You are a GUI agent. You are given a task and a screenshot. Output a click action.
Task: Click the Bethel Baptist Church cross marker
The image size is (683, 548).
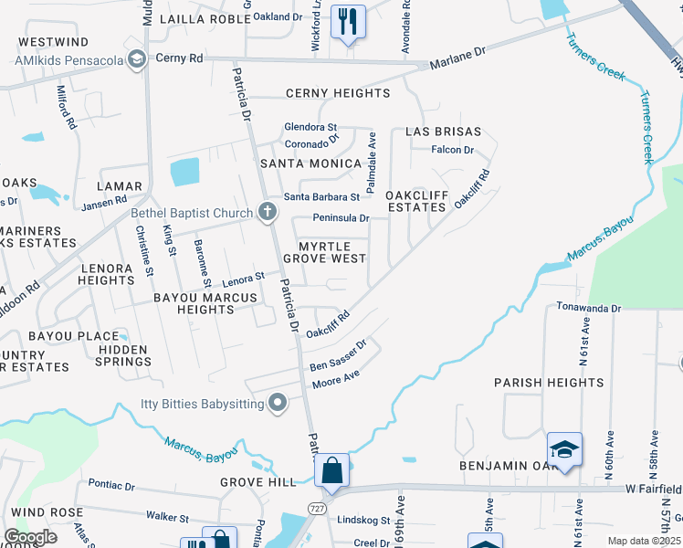(x=267, y=213)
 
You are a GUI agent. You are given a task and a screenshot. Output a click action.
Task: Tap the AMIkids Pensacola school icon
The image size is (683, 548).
(x=136, y=60)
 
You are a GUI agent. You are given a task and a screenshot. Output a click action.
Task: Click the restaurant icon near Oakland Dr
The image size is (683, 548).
(x=347, y=21)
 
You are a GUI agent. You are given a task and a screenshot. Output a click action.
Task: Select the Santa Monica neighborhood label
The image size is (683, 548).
(x=310, y=163)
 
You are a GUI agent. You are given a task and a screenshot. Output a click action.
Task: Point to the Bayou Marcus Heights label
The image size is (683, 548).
(x=194, y=303)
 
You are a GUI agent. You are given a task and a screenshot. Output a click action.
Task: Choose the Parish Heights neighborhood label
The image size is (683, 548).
(x=549, y=382)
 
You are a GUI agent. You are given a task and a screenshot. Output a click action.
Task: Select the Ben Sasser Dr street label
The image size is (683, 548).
(x=337, y=356)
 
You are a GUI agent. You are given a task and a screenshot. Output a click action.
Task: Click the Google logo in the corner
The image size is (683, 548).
(x=29, y=537)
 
